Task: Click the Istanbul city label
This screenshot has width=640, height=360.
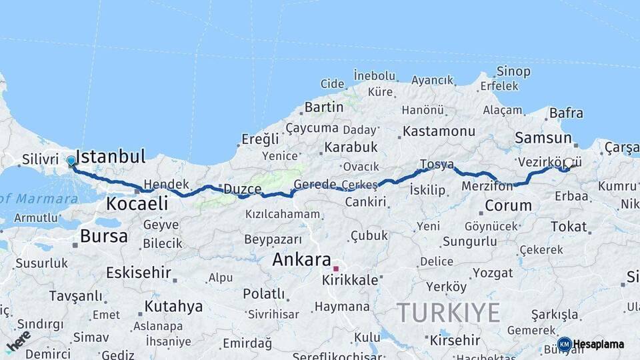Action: click(111, 157)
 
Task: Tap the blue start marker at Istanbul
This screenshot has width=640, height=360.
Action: click(71, 161)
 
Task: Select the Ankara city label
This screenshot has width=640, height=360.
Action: click(301, 260)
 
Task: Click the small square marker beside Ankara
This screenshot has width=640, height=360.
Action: click(336, 269)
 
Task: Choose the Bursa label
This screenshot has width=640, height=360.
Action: click(103, 236)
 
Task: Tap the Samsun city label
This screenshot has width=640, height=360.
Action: click(543, 138)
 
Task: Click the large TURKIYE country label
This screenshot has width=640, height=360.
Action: click(448, 311)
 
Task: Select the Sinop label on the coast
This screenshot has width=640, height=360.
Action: click(513, 71)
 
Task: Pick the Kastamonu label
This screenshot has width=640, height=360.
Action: click(439, 131)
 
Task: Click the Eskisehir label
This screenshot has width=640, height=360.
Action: click(138, 273)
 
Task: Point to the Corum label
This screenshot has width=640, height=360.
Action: click(508, 206)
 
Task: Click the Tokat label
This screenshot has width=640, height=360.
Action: click(568, 227)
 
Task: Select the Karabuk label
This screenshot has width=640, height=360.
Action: click(351, 147)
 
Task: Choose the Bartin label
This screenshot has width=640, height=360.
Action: click(323, 107)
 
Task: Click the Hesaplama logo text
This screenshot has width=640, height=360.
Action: click(598, 345)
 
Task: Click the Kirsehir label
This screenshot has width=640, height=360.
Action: click(455, 340)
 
